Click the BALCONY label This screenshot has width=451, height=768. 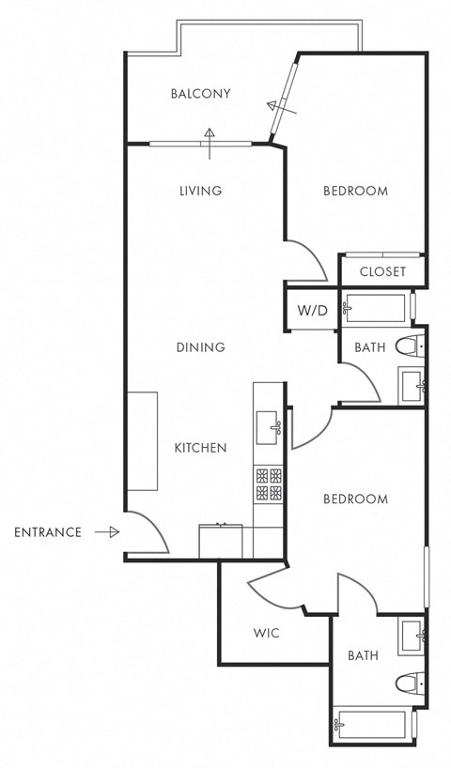tap(200, 94)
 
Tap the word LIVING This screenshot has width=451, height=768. tap(200, 191)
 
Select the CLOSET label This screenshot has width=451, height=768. tap(382, 271)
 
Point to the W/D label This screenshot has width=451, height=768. tap(312, 311)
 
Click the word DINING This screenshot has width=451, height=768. tap(200, 347)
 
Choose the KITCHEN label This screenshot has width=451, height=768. tap(200, 448)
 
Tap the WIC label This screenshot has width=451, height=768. tap(267, 633)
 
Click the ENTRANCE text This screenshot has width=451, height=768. tap(48, 532)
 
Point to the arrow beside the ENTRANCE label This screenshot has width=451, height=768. tap(108, 532)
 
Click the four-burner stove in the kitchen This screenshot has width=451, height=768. tap(268, 484)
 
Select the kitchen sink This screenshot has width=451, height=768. tap(268, 427)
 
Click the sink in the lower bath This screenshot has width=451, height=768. tap(411, 637)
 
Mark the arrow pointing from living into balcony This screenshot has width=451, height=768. tap(209, 136)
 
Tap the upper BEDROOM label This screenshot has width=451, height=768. tap(355, 191)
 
